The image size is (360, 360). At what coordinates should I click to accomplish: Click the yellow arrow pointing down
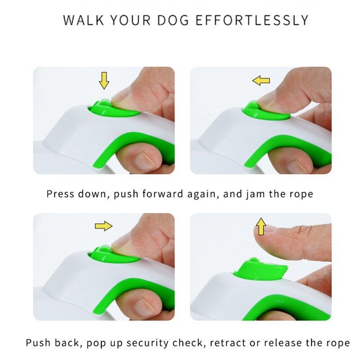pyautogui.click(x=104, y=81)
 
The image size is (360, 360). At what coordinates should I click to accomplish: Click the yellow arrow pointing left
pyautogui.click(x=261, y=81)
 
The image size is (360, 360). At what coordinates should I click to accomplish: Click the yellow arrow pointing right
pyautogui.click(x=103, y=226)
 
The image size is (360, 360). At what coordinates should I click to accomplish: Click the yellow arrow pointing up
pyautogui.click(x=260, y=226)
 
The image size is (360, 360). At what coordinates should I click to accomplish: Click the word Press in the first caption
pyautogui.click(x=61, y=194)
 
